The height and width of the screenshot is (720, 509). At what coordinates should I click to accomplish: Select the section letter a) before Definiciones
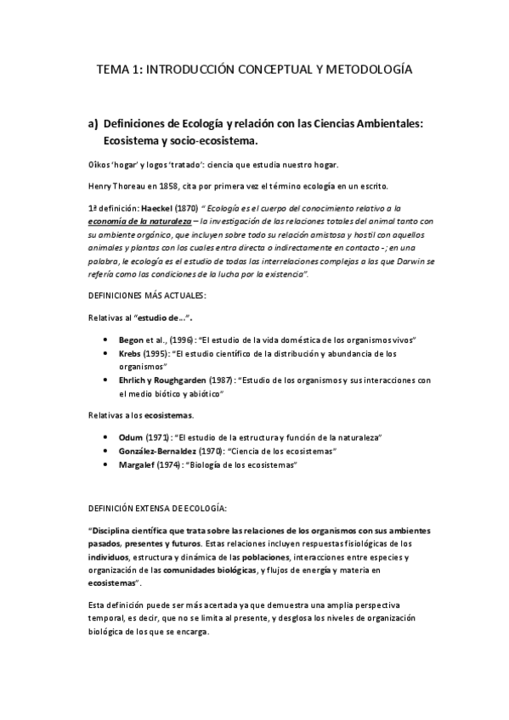[93, 124]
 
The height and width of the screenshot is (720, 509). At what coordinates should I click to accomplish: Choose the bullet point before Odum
[103, 437]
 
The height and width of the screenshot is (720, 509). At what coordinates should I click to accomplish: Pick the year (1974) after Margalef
[178, 465]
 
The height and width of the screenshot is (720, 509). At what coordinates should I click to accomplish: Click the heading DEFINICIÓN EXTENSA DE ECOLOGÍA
[157, 509]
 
